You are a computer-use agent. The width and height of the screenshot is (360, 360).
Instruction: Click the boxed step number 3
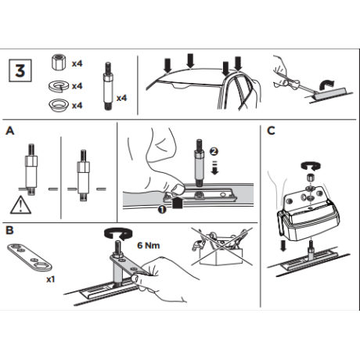coord(20,70)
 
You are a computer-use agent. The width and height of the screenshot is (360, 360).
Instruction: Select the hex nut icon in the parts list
coord(58,63)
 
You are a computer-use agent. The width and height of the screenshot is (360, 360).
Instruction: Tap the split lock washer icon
coord(59,86)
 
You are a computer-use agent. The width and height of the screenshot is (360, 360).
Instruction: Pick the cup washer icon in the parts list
coord(58,106)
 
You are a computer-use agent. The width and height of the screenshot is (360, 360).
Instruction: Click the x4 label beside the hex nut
coord(77,63)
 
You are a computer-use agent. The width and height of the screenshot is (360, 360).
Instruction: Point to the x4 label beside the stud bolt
coord(121,98)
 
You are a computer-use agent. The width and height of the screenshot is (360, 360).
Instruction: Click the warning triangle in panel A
coord(20,205)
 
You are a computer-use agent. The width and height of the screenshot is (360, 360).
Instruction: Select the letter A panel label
coord(10,131)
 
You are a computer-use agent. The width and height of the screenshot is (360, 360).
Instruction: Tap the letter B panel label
coord(9,230)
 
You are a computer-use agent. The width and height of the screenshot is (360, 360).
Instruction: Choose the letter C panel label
coord(271,131)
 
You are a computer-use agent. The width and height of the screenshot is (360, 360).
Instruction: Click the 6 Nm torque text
coord(149,246)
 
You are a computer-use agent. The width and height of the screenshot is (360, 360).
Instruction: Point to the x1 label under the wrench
coord(51,279)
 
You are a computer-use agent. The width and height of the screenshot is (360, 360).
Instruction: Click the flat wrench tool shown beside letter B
coord(30,257)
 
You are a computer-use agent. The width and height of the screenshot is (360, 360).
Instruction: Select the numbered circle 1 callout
coord(162,209)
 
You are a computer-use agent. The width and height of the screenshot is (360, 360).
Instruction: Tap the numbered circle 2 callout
coord(214,151)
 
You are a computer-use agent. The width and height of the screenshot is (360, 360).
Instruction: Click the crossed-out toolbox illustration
coord(222,247)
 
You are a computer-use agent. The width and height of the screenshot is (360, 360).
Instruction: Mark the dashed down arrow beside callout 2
coord(214,167)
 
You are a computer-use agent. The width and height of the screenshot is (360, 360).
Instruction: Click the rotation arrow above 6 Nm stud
coord(117,233)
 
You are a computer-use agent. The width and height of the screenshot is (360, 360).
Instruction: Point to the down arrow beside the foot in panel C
coord(283,246)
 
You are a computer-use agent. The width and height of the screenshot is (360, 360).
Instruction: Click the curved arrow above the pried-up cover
coord(326,85)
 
